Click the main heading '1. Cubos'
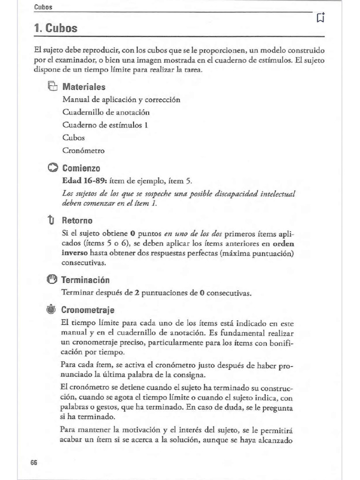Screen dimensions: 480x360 [x=56, y=29]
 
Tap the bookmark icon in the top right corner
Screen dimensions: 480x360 [x=321, y=18]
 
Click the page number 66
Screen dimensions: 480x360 [x=34, y=462]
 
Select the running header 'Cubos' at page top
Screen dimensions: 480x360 [x=43, y=7]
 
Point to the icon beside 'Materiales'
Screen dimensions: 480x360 [x=52, y=87]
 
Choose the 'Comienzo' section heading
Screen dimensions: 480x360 [x=81, y=168]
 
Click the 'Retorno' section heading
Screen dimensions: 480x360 [x=77, y=220]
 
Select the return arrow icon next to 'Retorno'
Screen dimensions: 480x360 [x=52, y=220]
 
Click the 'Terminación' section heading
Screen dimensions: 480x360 [x=86, y=280]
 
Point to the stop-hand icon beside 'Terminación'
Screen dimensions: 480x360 [x=52, y=280]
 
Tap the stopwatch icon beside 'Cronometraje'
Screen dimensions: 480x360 [x=52, y=310]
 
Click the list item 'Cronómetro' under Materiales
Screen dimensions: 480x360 [x=83, y=150]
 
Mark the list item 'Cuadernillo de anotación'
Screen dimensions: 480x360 [x=106, y=112]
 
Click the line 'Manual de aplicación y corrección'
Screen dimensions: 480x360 [x=121, y=100]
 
